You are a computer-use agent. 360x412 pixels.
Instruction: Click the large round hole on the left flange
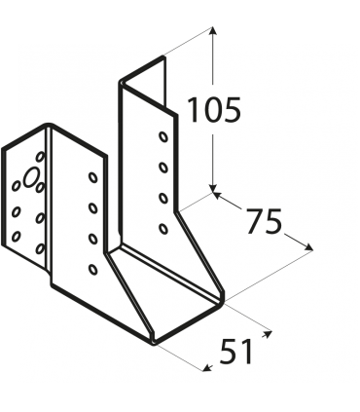[x=32, y=178]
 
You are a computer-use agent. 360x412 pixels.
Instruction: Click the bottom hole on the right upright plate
[x=162, y=228]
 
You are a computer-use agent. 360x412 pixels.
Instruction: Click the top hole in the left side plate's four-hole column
[x=93, y=178]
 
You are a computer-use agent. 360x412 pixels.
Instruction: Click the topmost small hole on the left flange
[x=39, y=156]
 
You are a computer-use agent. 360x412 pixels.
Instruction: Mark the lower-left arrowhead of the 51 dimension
[x=205, y=367]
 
